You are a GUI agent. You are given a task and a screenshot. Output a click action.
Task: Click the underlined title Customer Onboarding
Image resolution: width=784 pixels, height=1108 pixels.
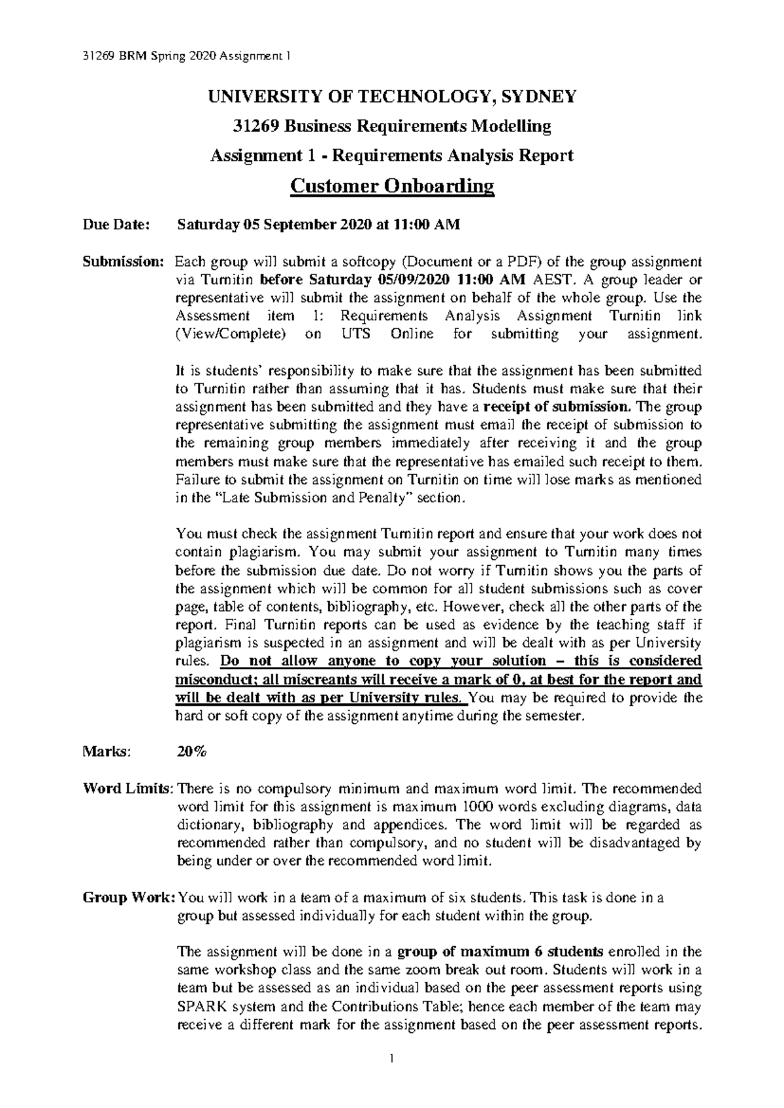click(392, 187)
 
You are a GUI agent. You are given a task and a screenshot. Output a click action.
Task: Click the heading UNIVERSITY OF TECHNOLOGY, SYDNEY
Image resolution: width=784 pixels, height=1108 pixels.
click(392, 97)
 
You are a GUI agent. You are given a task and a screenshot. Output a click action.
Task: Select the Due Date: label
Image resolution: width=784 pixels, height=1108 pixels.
click(116, 225)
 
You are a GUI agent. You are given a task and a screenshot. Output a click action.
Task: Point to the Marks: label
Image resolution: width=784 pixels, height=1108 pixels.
click(106, 752)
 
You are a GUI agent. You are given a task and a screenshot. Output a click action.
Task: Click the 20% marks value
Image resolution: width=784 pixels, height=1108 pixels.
click(191, 752)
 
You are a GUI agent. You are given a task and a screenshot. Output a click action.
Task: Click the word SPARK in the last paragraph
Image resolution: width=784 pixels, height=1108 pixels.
click(202, 1006)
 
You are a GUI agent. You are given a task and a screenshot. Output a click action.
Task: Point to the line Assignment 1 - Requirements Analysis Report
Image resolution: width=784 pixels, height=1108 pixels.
click(391, 156)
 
